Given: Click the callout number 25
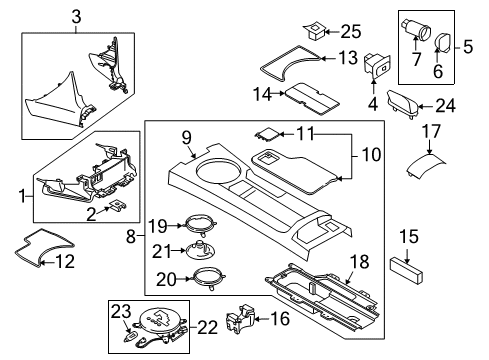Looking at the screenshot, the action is pos(351,32).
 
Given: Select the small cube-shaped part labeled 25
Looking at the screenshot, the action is pos(314,31).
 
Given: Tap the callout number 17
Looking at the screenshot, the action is pos(431,131).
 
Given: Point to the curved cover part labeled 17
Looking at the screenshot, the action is pos(426,164).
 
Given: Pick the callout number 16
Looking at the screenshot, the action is pos(280,319).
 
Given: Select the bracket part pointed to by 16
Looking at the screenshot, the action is pos(240,318).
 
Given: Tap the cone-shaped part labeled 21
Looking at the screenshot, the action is pos(200,250).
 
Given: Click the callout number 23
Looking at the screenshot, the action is pos(121,312).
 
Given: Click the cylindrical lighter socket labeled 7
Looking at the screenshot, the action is pos(416,29).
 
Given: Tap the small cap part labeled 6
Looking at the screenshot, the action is pos(444,43).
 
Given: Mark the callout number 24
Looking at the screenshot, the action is pos(446,106).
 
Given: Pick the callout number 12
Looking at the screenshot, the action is pos(65,262).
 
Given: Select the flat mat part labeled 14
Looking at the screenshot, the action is pos(312,98).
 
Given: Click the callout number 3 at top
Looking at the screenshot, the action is pos(76,17).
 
